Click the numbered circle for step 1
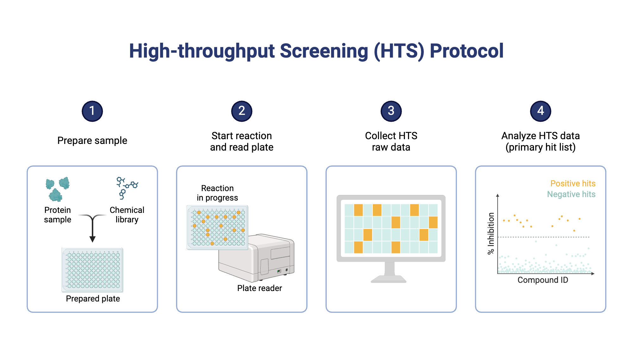(x=92, y=111)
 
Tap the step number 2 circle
(x=241, y=111)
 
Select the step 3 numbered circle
(x=391, y=111)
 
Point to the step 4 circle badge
(x=540, y=111)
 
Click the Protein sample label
(x=58, y=215)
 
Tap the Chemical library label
(x=127, y=215)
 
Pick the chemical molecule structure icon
(x=127, y=188)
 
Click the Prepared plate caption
(x=93, y=299)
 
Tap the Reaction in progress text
(x=217, y=193)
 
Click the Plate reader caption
(x=260, y=288)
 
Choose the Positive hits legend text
(x=573, y=183)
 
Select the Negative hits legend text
(x=571, y=194)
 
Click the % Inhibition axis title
(x=491, y=233)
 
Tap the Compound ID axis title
(x=542, y=280)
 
